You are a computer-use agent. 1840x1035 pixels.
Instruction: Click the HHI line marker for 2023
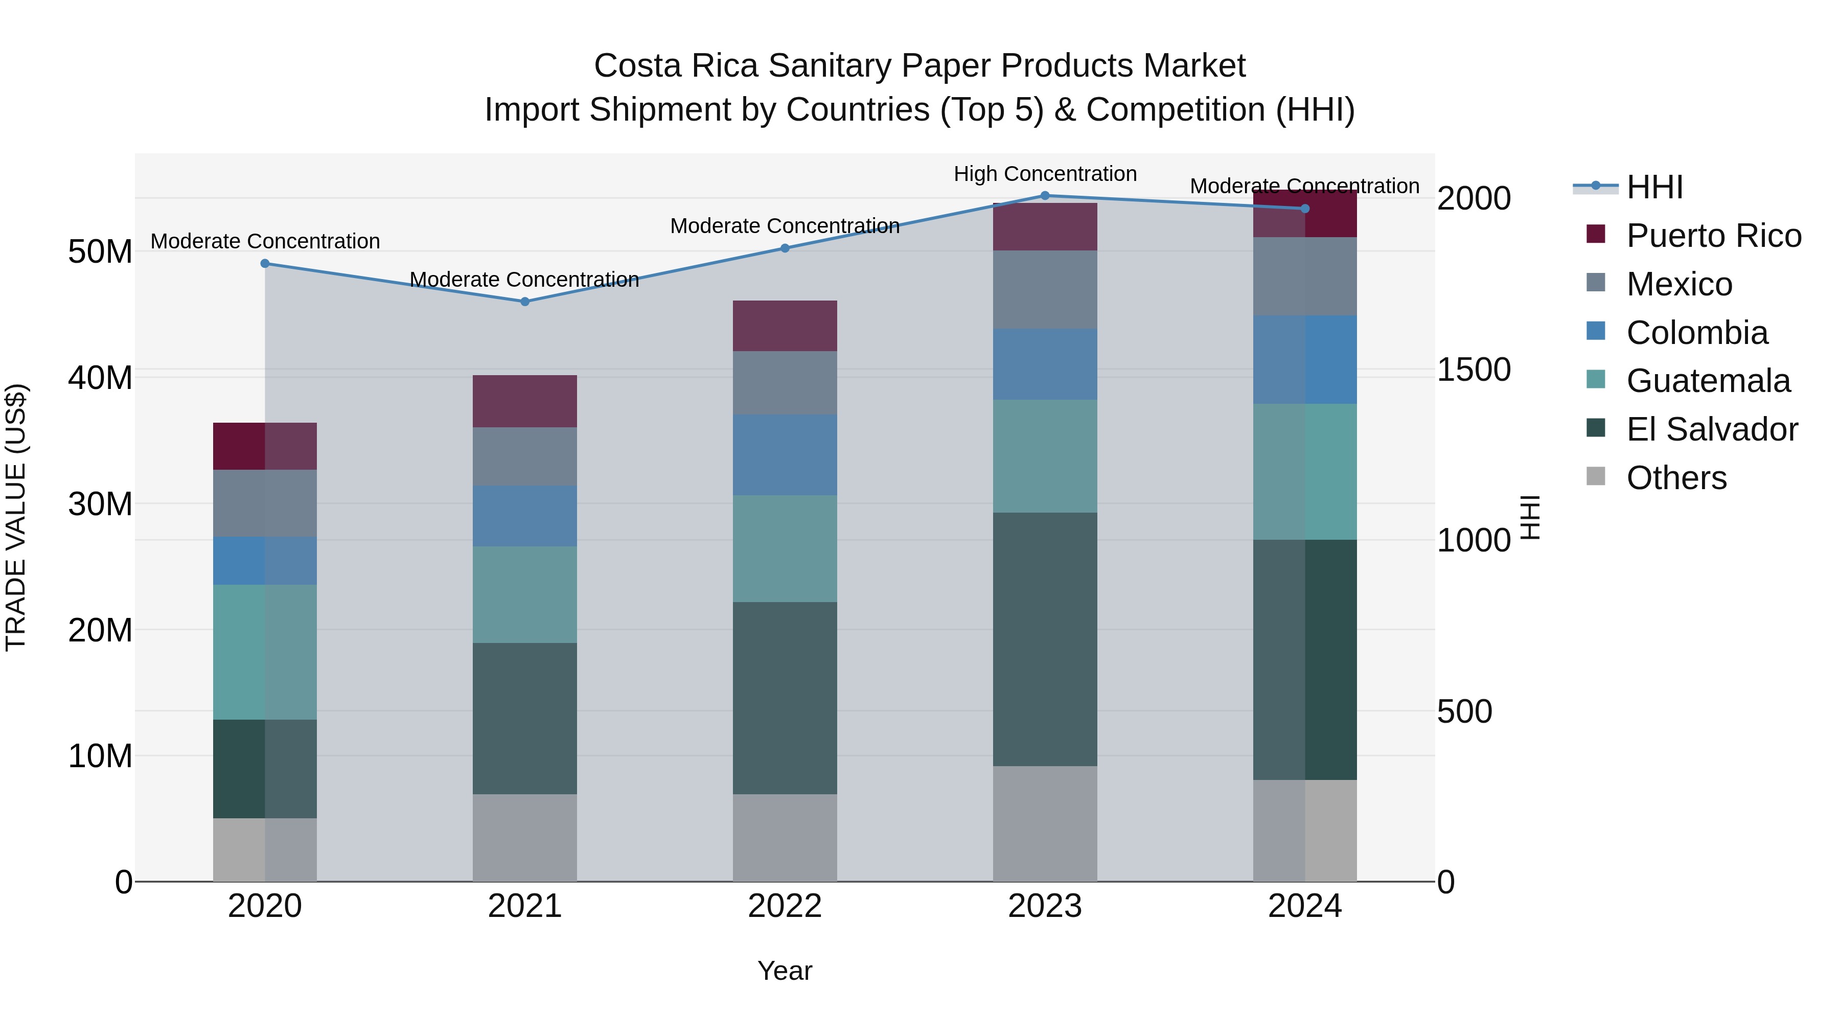tap(1045, 196)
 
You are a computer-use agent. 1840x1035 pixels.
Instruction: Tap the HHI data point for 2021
tap(525, 302)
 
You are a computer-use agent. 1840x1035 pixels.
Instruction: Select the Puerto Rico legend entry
tap(1713, 236)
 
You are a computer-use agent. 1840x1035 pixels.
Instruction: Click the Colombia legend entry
tap(1696, 333)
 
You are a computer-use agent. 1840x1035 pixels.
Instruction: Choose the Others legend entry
tap(1676, 478)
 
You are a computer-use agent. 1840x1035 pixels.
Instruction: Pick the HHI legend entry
tap(1654, 187)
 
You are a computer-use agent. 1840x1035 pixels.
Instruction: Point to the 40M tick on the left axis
tap(100, 378)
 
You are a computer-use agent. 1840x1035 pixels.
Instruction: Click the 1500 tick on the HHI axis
tap(1474, 370)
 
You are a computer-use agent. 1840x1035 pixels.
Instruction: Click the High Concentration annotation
tap(1045, 174)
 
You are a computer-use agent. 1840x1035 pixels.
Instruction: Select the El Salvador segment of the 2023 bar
tap(1045, 639)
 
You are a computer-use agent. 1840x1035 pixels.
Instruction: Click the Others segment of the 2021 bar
tap(525, 837)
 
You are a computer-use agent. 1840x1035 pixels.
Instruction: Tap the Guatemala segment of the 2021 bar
tap(525, 594)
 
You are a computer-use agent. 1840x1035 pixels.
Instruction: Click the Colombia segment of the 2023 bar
tap(1045, 364)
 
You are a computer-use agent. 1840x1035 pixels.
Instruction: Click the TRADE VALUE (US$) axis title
tap(16, 517)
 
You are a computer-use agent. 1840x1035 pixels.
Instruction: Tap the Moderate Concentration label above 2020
tap(265, 241)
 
